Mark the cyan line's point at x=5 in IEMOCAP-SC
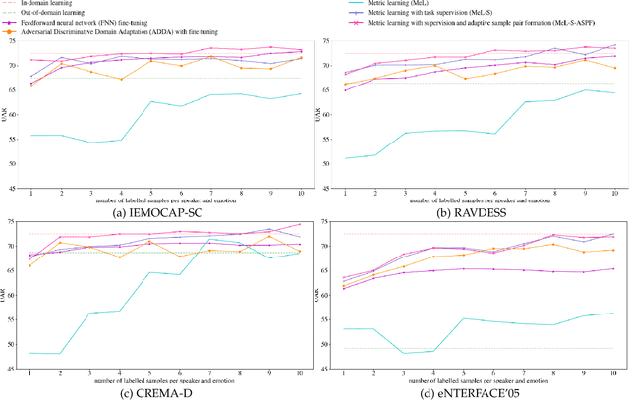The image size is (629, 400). [x=151, y=101]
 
